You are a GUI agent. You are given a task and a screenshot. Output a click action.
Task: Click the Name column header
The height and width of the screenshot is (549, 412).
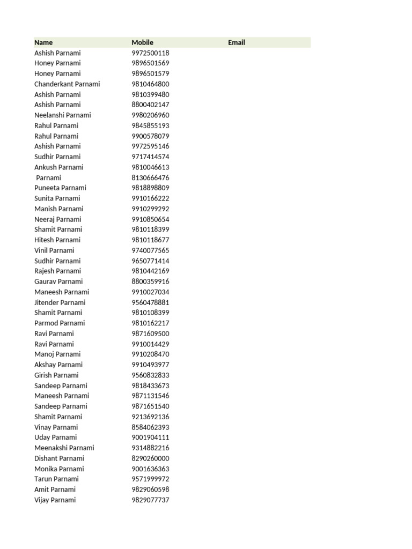point(43,42)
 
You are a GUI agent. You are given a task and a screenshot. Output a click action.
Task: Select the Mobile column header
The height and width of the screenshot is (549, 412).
point(142,42)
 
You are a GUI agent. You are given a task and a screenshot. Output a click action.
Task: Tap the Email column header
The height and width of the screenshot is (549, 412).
point(236,42)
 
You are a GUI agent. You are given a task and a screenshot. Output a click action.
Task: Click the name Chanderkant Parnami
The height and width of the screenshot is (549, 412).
point(67,84)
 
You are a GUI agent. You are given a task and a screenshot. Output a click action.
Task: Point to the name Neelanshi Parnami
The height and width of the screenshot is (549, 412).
point(63,115)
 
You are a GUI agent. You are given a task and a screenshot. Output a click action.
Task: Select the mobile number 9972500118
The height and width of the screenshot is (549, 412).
point(150,53)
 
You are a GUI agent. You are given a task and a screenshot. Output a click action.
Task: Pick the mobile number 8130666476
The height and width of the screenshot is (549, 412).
point(150,177)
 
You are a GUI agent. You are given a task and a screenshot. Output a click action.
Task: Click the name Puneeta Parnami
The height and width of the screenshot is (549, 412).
point(60,188)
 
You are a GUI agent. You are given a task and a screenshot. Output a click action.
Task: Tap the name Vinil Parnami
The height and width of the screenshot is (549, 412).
point(54,250)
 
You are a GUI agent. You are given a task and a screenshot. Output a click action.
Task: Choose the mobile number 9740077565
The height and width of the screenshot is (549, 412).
point(150,250)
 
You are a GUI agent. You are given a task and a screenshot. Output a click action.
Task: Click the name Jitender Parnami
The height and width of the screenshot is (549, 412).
point(60,302)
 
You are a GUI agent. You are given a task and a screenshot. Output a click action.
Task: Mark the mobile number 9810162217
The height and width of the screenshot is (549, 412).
point(150,323)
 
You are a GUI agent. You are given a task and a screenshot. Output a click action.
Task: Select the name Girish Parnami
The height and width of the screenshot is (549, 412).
point(56,375)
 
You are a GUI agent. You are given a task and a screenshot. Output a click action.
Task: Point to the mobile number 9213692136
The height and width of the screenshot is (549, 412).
point(150,417)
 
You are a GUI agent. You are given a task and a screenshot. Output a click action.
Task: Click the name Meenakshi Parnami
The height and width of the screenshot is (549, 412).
point(64,448)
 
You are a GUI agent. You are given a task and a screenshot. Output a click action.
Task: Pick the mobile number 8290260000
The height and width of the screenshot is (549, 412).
point(150,458)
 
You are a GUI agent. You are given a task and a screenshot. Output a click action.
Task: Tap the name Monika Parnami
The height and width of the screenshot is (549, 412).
point(59,469)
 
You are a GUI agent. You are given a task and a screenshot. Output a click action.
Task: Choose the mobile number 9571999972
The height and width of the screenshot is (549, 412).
point(150,479)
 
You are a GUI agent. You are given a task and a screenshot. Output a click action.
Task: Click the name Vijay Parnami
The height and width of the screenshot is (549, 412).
point(55,500)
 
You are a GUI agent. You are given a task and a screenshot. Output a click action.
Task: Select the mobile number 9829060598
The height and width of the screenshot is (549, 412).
point(150,489)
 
